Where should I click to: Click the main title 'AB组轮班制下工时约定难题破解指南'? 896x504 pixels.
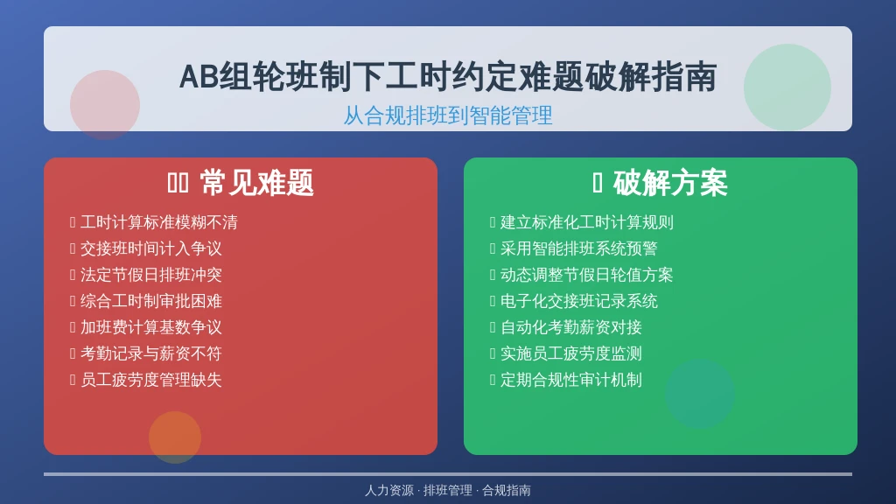pos(448,77)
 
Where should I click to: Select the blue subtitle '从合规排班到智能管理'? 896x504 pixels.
pos(448,115)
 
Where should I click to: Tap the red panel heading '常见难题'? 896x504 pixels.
pos(256,184)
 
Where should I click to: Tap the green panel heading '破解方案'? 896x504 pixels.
pos(670,184)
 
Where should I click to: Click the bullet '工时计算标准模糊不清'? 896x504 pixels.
pos(159,221)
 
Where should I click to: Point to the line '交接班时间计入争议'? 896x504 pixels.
pos(150,248)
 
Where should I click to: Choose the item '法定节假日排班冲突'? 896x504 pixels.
pos(150,274)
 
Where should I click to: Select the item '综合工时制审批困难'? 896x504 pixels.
pos(150,301)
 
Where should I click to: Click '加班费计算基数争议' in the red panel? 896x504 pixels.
pos(150,327)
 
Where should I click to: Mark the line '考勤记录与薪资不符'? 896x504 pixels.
pos(150,353)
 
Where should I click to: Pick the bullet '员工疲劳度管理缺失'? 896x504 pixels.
pos(150,380)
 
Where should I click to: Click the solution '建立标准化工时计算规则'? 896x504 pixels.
pos(587,221)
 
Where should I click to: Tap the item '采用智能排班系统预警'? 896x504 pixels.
pos(579,248)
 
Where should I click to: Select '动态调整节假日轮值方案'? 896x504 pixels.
pos(587,274)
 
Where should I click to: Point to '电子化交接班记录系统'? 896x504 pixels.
pos(579,301)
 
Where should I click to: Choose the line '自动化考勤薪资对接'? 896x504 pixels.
pos(570,327)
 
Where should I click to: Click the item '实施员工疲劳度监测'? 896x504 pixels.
pos(570,353)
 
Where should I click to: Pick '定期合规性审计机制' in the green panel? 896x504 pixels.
pos(570,380)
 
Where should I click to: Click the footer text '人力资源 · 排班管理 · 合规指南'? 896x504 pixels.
pos(448,490)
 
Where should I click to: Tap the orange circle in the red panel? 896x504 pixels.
pos(175,437)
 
